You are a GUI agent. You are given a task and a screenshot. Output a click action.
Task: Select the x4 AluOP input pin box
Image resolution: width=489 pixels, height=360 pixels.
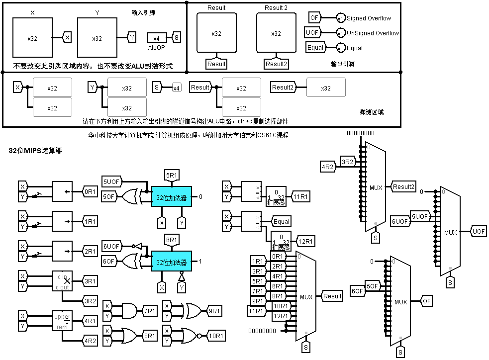click(156, 38)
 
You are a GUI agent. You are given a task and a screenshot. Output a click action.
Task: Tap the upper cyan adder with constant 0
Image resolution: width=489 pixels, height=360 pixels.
click(171, 197)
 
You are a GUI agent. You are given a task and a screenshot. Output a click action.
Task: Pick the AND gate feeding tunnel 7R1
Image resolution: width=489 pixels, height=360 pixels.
click(127, 310)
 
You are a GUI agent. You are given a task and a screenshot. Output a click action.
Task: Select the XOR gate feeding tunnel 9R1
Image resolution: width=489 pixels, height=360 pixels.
click(192, 310)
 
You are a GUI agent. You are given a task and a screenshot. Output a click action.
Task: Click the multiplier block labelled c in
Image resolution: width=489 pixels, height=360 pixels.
click(62, 281)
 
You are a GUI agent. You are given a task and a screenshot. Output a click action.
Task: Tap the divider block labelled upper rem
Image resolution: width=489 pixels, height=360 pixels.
click(62, 321)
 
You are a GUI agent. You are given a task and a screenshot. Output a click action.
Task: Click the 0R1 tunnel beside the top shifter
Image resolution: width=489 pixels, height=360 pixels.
click(90, 191)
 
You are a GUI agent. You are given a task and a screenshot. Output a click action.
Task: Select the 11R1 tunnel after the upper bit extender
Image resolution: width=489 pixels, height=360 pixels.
click(300, 196)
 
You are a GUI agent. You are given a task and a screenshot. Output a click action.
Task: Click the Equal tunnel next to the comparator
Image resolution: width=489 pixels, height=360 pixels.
click(281, 221)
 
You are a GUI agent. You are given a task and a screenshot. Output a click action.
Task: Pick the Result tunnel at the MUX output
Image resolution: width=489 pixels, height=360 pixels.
click(332, 296)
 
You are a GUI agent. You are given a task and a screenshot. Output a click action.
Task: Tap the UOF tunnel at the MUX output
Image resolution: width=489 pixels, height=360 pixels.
click(479, 232)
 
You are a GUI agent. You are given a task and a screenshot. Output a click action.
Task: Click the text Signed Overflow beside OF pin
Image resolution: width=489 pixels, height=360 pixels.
click(369, 18)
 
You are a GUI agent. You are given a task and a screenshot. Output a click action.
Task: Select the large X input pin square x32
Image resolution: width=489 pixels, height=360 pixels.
click(32, 38)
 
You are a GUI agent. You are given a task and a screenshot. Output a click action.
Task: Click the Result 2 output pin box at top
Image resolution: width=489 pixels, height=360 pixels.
click(276, 33)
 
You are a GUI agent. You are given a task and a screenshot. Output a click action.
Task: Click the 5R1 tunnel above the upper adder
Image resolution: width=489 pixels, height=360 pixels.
click(171, 175)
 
